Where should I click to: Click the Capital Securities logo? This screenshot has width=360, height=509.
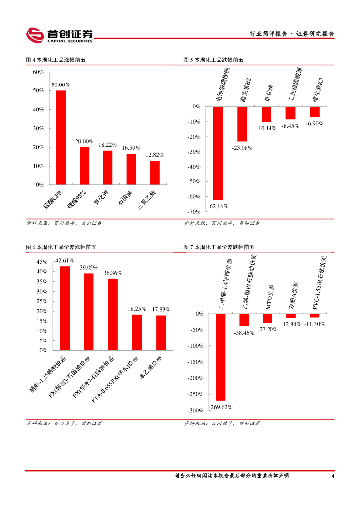[x=59, y=35]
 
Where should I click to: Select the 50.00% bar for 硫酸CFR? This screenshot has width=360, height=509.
[x=61, y=137]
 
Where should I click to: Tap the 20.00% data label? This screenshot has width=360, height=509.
[x=85, y=141]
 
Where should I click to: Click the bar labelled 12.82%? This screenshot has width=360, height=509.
[x=155, y=172]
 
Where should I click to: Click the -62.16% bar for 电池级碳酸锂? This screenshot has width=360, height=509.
[x=218, y=153]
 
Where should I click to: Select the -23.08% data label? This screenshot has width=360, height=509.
[x=242, y=148]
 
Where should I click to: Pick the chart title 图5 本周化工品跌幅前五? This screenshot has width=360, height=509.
[x=213, y=60]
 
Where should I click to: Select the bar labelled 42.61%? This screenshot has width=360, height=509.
[x=65, y=308]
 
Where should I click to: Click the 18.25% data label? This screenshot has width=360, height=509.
[x=137, y=309]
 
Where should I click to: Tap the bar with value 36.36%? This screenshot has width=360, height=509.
[x=113, y=314]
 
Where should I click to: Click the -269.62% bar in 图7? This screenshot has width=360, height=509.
[x=220, y=357]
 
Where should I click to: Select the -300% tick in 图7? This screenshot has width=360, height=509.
[x=195, y=410]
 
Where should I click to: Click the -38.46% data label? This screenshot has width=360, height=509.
[x=244, y=333]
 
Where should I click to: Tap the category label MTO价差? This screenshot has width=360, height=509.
[x=268, y=297]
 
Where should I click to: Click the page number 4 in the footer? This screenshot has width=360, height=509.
[x=332, y=476]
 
